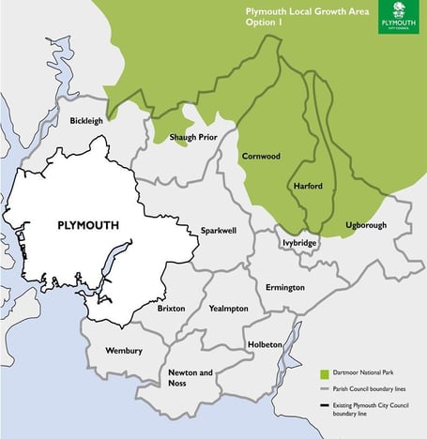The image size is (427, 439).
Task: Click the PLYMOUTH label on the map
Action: click(87, 226)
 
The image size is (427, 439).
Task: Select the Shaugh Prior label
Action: click(191, 138)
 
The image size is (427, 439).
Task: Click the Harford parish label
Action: click(308, 186)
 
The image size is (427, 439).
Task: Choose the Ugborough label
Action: click(365, 225)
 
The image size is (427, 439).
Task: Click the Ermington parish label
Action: click(285, 287)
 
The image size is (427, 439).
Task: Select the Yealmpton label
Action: click(229, 308)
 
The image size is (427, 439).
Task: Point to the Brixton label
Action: click(171, 308)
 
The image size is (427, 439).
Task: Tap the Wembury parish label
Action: click(124, 351)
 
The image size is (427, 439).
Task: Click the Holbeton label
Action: click(265, 344)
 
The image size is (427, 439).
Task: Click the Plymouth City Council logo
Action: click(399, 17)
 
